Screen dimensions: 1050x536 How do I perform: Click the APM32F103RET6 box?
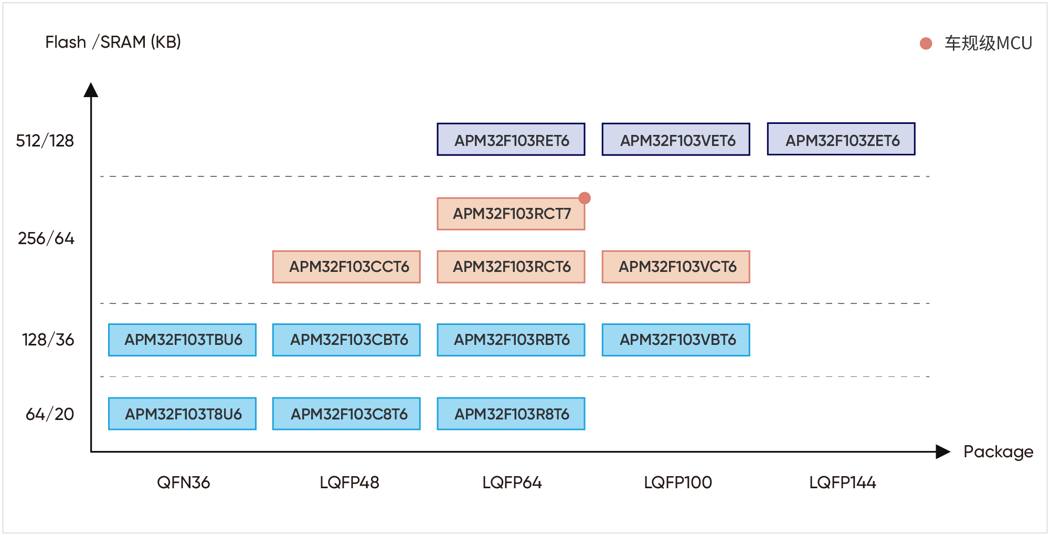point(511,140)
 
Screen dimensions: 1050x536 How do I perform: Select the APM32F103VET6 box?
point(676,140)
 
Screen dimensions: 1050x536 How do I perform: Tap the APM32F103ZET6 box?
point(841,139)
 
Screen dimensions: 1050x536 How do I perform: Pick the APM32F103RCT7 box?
point(511,214)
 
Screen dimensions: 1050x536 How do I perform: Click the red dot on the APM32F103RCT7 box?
point(585,198)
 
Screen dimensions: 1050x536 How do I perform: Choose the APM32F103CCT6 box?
point(346,267)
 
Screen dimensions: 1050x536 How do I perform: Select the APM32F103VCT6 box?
point(676,267)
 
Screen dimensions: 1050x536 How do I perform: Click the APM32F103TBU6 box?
point(182,340)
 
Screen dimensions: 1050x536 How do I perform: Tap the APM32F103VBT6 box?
point(676,340)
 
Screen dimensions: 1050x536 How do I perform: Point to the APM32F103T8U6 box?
point(182,414)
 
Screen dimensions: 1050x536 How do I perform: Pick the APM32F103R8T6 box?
point(511,414)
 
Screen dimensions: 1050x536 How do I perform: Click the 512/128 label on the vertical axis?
point(45,141)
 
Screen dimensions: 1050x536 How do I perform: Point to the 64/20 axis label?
point(50,414)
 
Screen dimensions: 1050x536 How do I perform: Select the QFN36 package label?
point(184,482)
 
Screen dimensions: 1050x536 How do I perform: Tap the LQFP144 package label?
point(843,482)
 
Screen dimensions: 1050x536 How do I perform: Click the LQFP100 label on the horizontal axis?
point(678,482)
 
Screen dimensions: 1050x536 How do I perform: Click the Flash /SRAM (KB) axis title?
point(113,42)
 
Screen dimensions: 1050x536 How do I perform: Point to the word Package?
point(998,452)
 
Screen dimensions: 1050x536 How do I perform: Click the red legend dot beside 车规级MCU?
point(926,44)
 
